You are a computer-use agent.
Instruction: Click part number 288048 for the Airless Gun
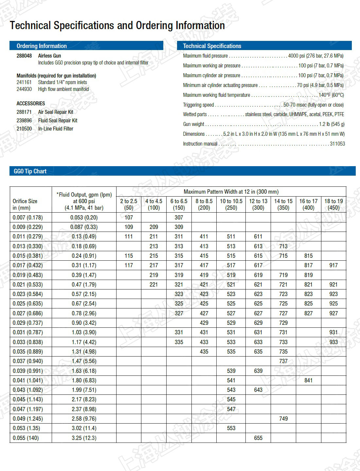(24, 56)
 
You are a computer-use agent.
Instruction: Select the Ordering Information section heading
(42, 46)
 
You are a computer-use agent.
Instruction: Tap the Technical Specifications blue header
(212, 46)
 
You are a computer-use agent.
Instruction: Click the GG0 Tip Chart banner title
(30, 171)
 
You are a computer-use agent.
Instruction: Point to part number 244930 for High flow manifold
(24, 89)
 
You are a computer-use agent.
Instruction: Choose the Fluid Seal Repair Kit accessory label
(58, 120)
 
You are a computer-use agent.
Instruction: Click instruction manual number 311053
(337, 144)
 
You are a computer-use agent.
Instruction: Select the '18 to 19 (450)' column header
(333, 204)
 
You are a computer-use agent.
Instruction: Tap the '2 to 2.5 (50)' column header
(129, 204)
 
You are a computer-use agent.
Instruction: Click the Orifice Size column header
(25, 204)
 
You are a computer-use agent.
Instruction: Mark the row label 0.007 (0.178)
(28, 218)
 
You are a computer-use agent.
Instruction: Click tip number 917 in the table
(333, 265)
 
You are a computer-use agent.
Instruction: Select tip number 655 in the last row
(258, 438)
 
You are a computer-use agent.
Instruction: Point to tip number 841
(308, 380)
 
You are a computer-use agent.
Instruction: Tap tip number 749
(283, 419)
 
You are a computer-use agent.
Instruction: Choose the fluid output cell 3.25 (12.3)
(84, 438)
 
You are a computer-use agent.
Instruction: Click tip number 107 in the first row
(129, 218)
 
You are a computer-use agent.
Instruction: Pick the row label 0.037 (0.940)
(28, 361)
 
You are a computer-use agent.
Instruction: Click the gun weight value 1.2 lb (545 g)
(332, 124)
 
